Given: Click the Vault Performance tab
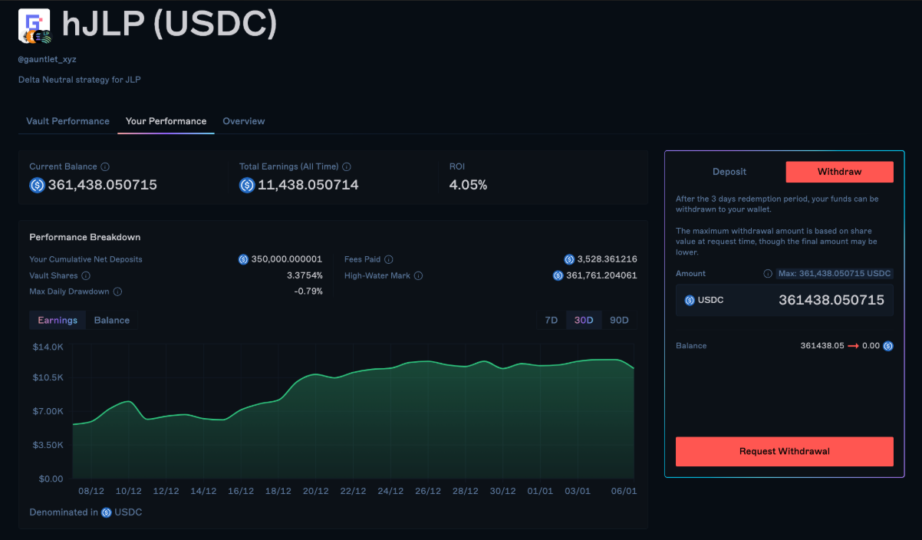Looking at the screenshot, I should (x=68, y=121).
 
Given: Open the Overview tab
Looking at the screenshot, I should (x=244, y=121).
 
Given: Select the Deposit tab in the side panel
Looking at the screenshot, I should (x=729, y=172).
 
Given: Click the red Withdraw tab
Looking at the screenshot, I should (x=839, y=172).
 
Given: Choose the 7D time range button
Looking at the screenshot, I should (x=551, y=320).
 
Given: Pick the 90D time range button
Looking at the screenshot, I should (x=619, y=320).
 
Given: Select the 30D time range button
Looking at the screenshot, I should (x=584, y=320).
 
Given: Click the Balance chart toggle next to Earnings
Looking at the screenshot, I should (x=112, y=320).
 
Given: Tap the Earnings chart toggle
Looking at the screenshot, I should (x=58, y=320).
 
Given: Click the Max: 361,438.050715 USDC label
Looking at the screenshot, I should (x=835, y=273).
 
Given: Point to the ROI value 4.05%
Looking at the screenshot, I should (x=468, y=185).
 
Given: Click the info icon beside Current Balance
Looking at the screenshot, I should (x=105, y=166).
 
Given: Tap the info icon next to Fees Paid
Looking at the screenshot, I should (x=389, y=259).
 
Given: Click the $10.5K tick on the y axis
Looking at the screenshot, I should (x=48, y=377).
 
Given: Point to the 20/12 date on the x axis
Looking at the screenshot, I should (x=316, y=491).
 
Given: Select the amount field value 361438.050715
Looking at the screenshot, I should (x=831, y=300).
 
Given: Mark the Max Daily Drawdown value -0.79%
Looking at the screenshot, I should (x=308, y=291).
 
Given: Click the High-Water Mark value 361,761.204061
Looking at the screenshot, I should (x=601, y=275).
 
